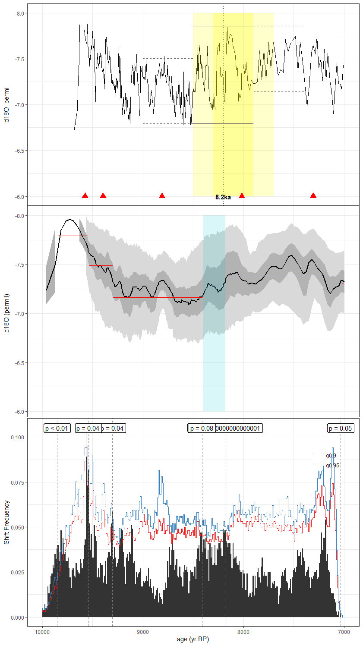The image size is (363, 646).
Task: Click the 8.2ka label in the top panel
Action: click(223, 197)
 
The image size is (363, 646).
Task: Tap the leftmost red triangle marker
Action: click(85, 195)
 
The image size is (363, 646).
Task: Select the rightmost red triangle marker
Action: click(313, 195)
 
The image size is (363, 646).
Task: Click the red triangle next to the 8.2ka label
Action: click(242, 195)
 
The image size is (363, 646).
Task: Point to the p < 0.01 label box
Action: click(57, 428)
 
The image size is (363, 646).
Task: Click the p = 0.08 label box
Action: click(202, 428)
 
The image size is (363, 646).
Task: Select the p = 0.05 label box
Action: click(340, 428)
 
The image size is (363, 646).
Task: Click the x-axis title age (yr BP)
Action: click(193, 639)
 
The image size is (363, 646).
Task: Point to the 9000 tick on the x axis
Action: click(143, 632)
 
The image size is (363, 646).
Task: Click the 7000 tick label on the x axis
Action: click(344, 632)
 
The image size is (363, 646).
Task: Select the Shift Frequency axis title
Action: click(6, 522)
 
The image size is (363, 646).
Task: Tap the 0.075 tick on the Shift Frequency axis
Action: click(17, 482)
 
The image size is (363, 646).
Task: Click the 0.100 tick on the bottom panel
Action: click(17, 437)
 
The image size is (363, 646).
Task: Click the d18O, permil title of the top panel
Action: click(6, 104)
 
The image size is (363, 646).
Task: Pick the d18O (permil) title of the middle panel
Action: click(6, 313)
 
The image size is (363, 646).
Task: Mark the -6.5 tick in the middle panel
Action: click(19, 363)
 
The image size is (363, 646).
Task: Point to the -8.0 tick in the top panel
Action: click(19, 13)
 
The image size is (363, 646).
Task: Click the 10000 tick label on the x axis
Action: click(42, 632)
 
